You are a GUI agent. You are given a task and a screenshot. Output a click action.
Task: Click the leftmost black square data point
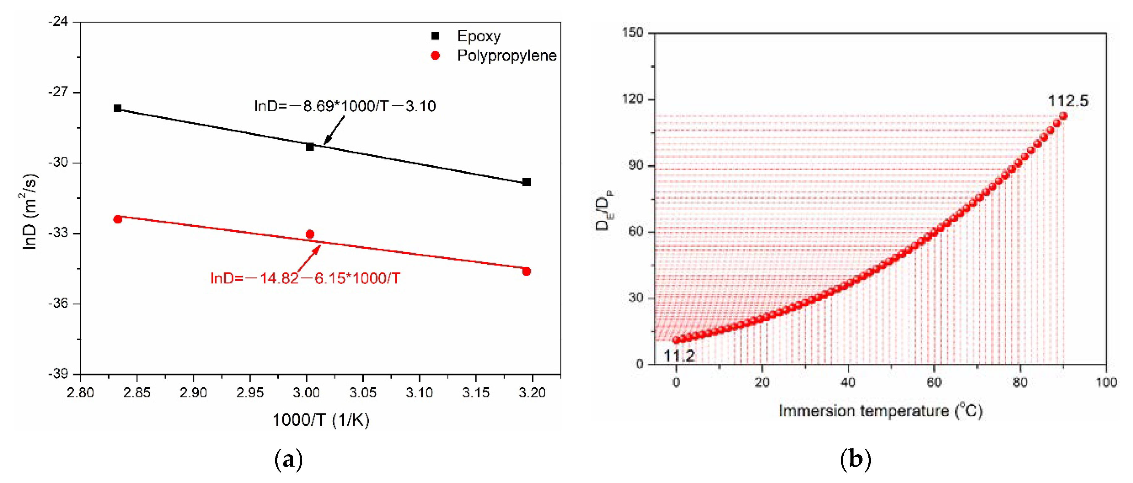(x=117, y=108)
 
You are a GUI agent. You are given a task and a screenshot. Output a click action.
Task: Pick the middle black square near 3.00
(x=310, y=147)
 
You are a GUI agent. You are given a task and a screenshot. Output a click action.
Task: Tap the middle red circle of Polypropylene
(x=310, y=234)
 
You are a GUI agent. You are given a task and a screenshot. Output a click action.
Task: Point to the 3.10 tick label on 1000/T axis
(x=419, y=392)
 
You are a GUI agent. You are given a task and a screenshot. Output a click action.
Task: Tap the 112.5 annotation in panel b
(x=1068, y=101)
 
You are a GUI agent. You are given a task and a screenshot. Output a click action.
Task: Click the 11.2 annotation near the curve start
(x=679, y=356)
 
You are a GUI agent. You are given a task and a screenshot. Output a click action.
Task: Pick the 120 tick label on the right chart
(x=633, y=99)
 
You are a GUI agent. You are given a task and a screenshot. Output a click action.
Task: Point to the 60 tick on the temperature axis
(x=934, y=382)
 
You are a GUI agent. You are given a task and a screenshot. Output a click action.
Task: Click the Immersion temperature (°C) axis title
(x=880, y=411)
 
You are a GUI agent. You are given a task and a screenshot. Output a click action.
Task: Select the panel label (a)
(x=288, y=460)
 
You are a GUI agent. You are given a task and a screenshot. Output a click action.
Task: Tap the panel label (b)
(x=855, y=460)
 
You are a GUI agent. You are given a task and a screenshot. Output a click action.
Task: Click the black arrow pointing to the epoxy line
(x=334, y=130)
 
